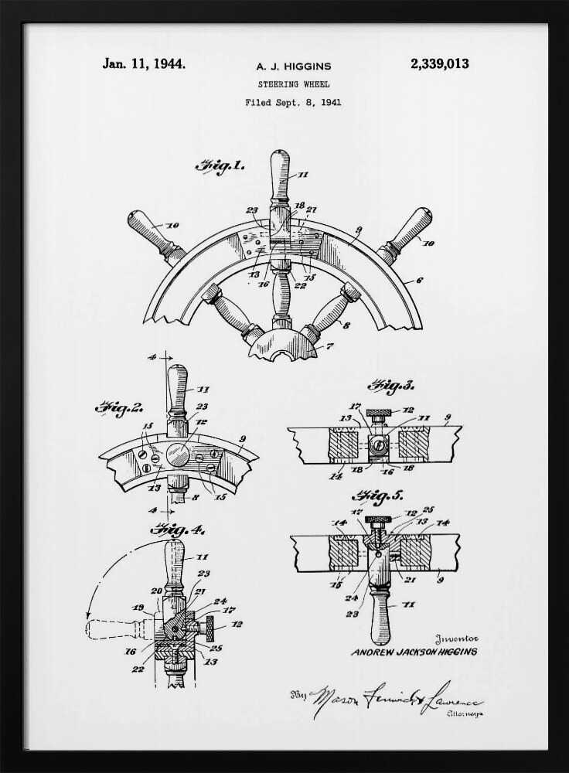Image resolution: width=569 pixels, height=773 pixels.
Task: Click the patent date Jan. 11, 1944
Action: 144,64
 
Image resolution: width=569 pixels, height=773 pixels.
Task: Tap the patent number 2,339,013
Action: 439,64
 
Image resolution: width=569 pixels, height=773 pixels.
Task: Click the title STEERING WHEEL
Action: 293,83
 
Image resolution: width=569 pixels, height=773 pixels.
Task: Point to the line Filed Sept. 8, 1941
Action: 293,101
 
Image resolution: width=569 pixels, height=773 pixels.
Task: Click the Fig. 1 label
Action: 220,165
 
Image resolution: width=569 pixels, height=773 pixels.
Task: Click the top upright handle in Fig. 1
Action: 280,174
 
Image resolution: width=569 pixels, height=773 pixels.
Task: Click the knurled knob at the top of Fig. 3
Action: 380,410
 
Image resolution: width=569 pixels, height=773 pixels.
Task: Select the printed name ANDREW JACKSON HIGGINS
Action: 414,652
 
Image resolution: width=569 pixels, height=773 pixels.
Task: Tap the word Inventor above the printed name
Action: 457,638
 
